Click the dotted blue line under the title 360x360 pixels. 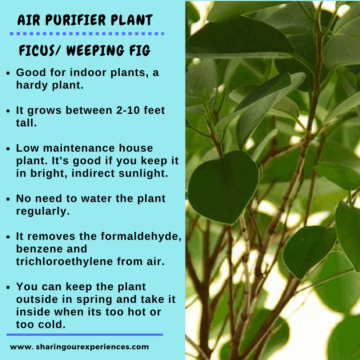[86, 34]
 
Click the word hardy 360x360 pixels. [30, 85]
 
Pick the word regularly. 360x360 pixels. [43, 211]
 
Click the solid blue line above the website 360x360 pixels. [85, 335]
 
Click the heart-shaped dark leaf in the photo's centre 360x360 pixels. [223, 187]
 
